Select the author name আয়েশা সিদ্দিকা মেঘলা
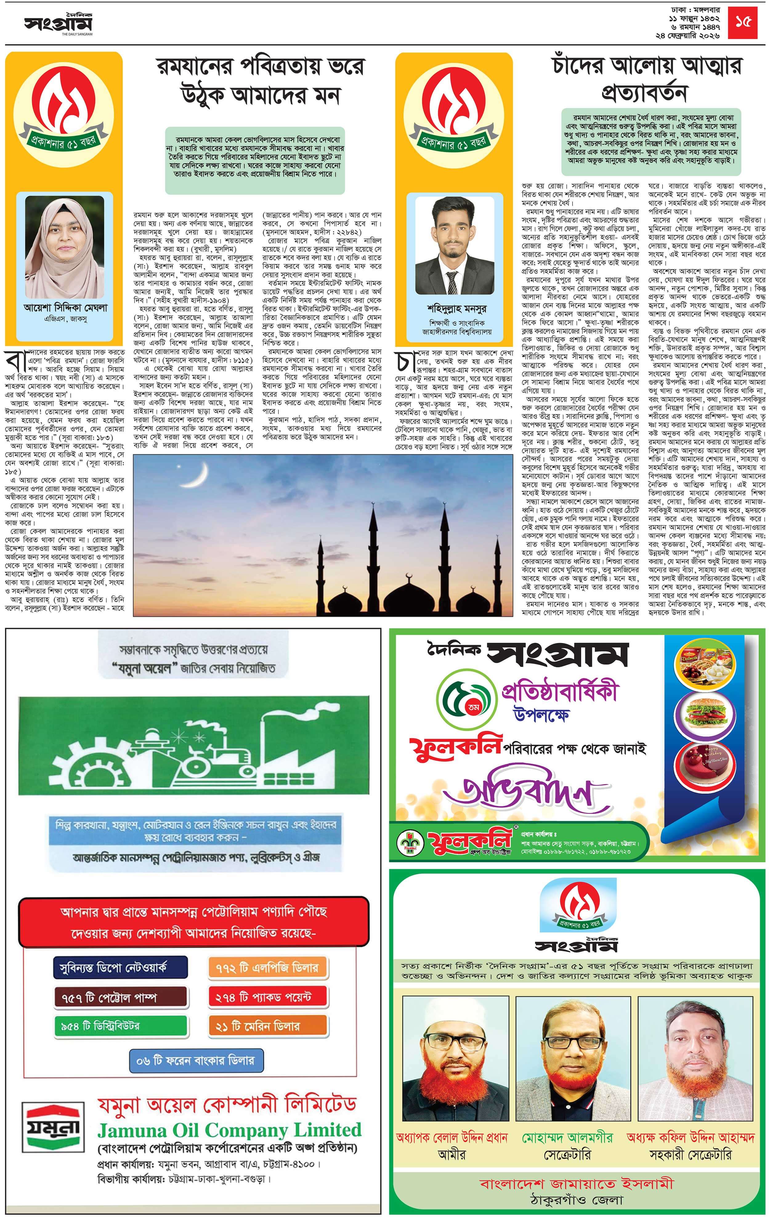coord(65,307)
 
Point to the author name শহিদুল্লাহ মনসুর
coord(456,308)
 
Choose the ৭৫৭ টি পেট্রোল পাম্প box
coord(120,997)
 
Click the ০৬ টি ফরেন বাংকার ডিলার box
coord(196,1060)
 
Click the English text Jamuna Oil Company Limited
coord(229,1130)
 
